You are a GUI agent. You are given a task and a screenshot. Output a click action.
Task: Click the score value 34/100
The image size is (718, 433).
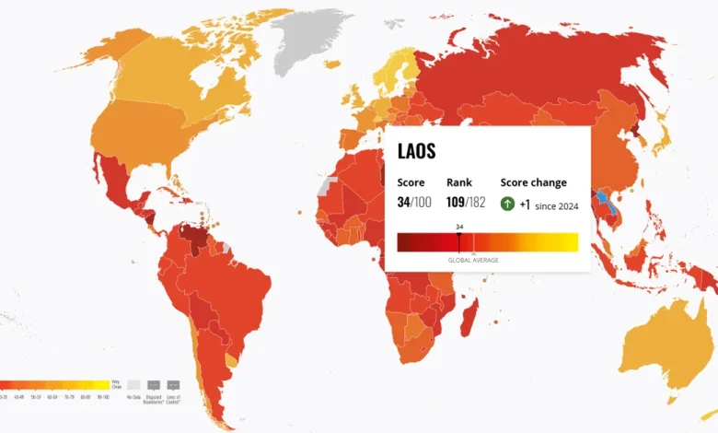coord(413,203)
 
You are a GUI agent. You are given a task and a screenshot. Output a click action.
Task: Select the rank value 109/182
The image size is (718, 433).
coord(466,203)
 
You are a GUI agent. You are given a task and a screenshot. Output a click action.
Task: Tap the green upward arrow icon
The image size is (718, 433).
coord(507,204)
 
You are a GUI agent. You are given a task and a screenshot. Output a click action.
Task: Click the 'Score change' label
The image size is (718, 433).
coord(533,182)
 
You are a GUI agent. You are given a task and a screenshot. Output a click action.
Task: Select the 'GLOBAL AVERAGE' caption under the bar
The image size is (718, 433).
coord(473,261)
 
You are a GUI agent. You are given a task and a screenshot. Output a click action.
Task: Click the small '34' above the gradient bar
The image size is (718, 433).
coord(458,226)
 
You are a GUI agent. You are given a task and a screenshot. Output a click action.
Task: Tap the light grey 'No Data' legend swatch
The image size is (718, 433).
coord(133,384)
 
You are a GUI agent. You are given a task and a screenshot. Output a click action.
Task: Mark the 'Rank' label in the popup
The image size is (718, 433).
coord(458,182)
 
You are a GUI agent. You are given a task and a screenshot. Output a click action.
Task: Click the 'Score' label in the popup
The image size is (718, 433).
coord(411,182)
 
